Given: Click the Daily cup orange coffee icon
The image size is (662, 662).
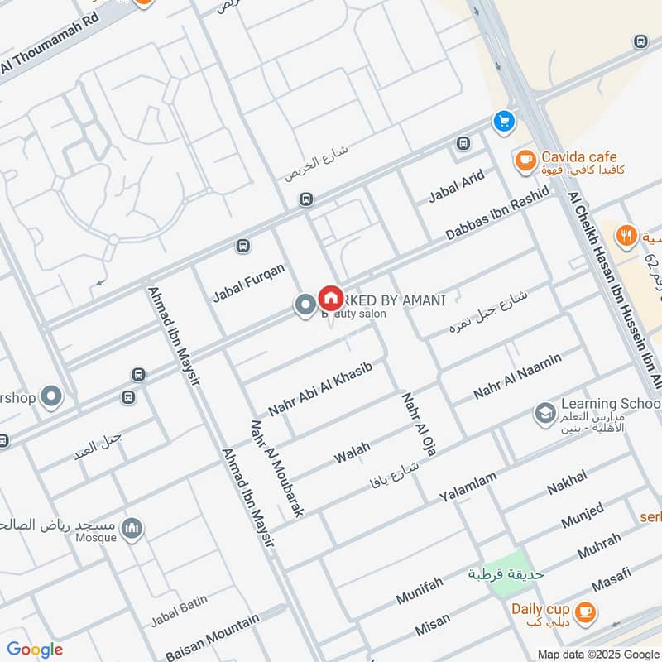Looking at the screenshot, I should tap(585, 611).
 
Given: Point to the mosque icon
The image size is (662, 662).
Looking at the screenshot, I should tap(132, 528).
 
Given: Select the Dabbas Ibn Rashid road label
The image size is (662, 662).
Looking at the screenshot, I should tap(496, 214).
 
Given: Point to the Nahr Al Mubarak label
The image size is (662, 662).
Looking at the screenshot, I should tap(276, 468).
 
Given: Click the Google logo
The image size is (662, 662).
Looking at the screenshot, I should tap(35, 650).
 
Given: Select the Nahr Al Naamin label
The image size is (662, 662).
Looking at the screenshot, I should tap(517, 376).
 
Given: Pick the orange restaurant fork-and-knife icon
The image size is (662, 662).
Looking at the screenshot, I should tap(627, 235).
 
